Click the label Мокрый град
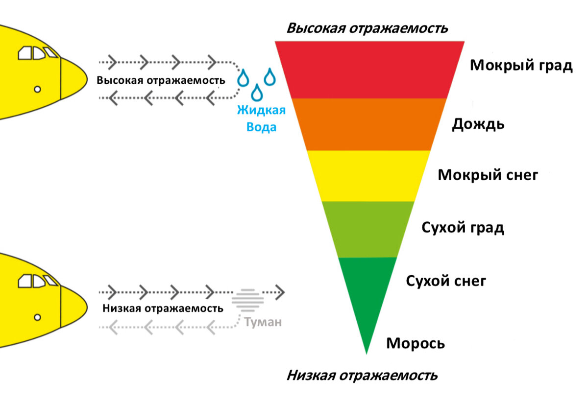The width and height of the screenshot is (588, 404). [521, 66]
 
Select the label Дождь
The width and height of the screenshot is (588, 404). [478, 124]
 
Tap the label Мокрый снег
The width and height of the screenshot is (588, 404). [488, 175]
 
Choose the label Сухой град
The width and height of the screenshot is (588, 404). [463, 228]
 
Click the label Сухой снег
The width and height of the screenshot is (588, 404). [446, 281]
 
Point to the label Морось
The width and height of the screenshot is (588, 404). [416, 343]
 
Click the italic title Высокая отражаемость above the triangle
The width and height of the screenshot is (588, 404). [367, 28]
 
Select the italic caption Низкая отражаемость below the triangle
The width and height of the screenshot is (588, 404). [362, 376]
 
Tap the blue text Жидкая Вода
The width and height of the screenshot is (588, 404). [261, 119]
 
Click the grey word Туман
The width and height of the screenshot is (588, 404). [263, 323]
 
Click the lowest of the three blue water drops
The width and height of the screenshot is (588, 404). [255, 92]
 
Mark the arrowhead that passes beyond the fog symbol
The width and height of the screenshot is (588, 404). [279, 292]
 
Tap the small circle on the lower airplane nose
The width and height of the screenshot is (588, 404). [37, 317]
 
